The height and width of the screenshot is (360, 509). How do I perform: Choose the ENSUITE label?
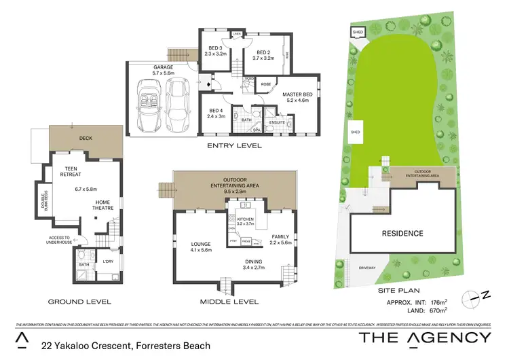tap(278, 122)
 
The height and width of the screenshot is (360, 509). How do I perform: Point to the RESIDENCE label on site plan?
tap(402, 234)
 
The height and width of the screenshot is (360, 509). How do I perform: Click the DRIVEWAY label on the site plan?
tap(367, 268)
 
